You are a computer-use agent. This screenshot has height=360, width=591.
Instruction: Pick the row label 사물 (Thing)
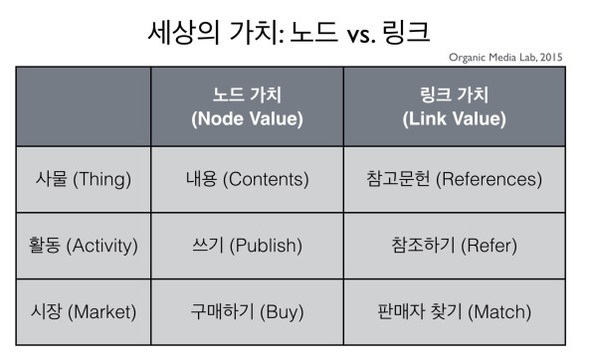point(84,180)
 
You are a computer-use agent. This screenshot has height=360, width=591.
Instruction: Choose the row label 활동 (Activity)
point(84,246)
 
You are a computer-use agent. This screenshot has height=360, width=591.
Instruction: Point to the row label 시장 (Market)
point(84,311)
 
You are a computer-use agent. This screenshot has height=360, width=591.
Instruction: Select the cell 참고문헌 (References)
point(454,180)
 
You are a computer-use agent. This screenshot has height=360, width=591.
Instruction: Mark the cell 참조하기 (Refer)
point(454,246)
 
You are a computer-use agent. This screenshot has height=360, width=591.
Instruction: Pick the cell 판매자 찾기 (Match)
point(454,311)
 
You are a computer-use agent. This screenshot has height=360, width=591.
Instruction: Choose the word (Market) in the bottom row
point(106,311)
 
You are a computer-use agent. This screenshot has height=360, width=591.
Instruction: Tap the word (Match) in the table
point(498,311)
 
